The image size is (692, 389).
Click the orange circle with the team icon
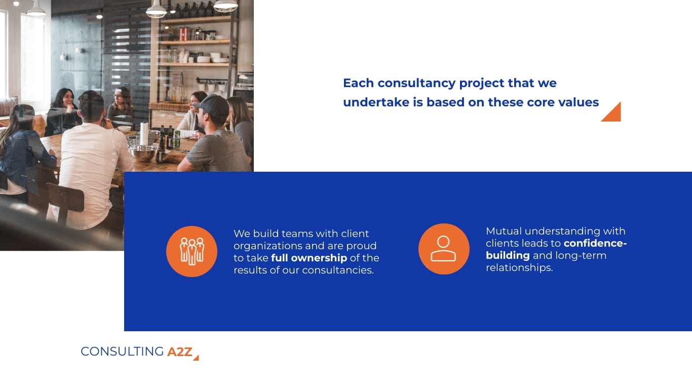191,251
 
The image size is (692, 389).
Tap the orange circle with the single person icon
444,249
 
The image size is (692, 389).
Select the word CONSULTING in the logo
122,352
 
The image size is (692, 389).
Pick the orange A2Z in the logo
180,352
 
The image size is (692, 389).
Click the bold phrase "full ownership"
309,258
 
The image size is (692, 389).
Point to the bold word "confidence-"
595,243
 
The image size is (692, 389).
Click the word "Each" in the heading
358,83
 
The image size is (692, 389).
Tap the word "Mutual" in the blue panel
504,231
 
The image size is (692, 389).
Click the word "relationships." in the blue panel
519,267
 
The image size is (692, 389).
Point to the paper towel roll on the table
144,133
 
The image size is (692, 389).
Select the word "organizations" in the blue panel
268,246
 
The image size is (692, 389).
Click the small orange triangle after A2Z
196,358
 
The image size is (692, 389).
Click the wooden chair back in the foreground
65,198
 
